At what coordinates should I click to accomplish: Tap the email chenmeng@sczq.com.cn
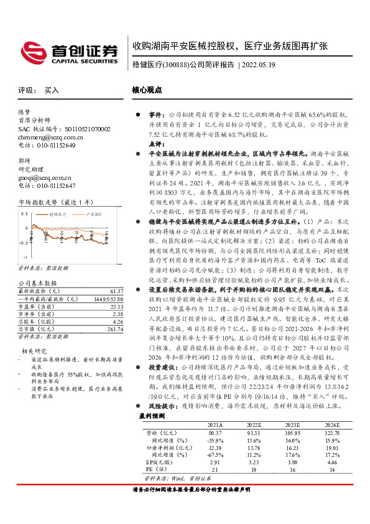pos(47,137)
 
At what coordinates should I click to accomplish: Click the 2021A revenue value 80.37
pos(216,432)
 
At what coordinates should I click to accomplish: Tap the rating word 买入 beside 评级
pos(51,90)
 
